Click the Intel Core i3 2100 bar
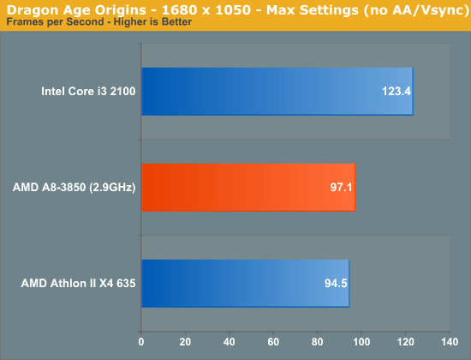pos(277,92)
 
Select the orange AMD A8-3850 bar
pos(248,188)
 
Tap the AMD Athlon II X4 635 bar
pos(246,284)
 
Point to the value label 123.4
pos(396,91)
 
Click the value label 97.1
pos(341,188)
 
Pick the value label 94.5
pos(336,284)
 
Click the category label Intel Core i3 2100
pos(88,91)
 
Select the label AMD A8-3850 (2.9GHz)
pos(75,188)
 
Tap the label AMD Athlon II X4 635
pos(79,284)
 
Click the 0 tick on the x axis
pos(141,342)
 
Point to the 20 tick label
pos(185,342)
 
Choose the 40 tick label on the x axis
pos(230,342)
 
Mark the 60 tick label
pos(273,342)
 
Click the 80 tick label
pos(317,342)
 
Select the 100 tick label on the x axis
pos(361,342)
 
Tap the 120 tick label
pos(406,342)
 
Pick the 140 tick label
pos(450,342)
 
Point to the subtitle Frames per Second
pos(56,22)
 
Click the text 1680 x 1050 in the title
pos(206,10)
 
